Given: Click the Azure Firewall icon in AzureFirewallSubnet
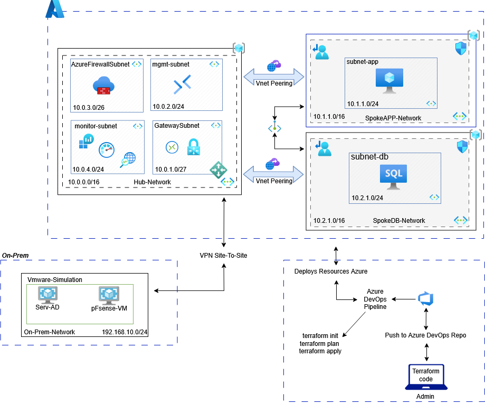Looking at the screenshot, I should point(103,85).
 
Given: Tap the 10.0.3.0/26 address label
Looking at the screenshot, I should point(89,107).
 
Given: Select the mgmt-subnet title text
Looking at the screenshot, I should point(170,64).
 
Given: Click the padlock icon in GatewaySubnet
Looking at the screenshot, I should point(193,147).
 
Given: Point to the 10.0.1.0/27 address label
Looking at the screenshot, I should point(171,170).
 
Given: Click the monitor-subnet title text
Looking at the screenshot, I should point(96,126).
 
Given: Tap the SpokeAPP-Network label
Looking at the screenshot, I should point(393,118).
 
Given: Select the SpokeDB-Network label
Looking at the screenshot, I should point(398,221).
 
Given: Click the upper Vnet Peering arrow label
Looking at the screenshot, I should point(274,83).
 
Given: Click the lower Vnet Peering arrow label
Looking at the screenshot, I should point(274,181).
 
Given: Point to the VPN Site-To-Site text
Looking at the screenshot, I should point(223,256).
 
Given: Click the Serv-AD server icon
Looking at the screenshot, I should point(47,295).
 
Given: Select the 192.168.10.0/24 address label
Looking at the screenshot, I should point(125,332).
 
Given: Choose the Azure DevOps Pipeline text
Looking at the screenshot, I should point(375,299).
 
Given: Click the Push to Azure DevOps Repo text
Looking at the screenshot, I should point(425,335).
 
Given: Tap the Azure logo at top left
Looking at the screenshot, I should point(54,10).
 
